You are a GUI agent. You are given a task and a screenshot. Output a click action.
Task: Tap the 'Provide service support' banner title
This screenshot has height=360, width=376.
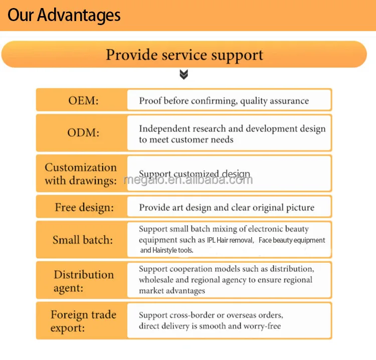pos(184,54)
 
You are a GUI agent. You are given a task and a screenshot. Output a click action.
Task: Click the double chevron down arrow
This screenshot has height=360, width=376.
pos(184,75)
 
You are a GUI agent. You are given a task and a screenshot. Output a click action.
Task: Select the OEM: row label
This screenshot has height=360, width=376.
pos(83,100)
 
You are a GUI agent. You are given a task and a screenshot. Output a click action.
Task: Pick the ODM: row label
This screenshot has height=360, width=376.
pos(83,133)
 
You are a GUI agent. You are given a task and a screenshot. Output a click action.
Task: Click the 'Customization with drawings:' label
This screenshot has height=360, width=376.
pos(81,173)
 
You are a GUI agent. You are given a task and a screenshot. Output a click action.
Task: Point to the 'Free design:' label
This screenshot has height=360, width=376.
pos(84,207)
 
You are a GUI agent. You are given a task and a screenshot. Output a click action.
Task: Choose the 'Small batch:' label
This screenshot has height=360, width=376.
pos(83,240)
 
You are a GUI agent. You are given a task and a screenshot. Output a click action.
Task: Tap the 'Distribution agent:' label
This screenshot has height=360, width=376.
pos(84,281)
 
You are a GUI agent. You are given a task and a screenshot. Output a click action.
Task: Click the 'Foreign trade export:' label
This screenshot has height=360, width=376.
pos(83,321)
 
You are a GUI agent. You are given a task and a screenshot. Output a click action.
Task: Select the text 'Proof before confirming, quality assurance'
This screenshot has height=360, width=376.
pos(224,101)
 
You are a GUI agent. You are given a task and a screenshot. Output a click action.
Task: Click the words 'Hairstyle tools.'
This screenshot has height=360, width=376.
pos(166,250)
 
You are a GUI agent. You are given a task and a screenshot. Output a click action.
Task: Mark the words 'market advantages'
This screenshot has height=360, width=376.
pos(172,291)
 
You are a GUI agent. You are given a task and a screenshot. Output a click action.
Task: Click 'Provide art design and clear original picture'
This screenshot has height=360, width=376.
pos(227,208)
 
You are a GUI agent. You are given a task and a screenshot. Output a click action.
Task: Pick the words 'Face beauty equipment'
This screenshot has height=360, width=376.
pos(292,240)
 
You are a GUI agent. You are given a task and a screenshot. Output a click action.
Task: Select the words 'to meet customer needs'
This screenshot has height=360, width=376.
pos(186,139)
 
